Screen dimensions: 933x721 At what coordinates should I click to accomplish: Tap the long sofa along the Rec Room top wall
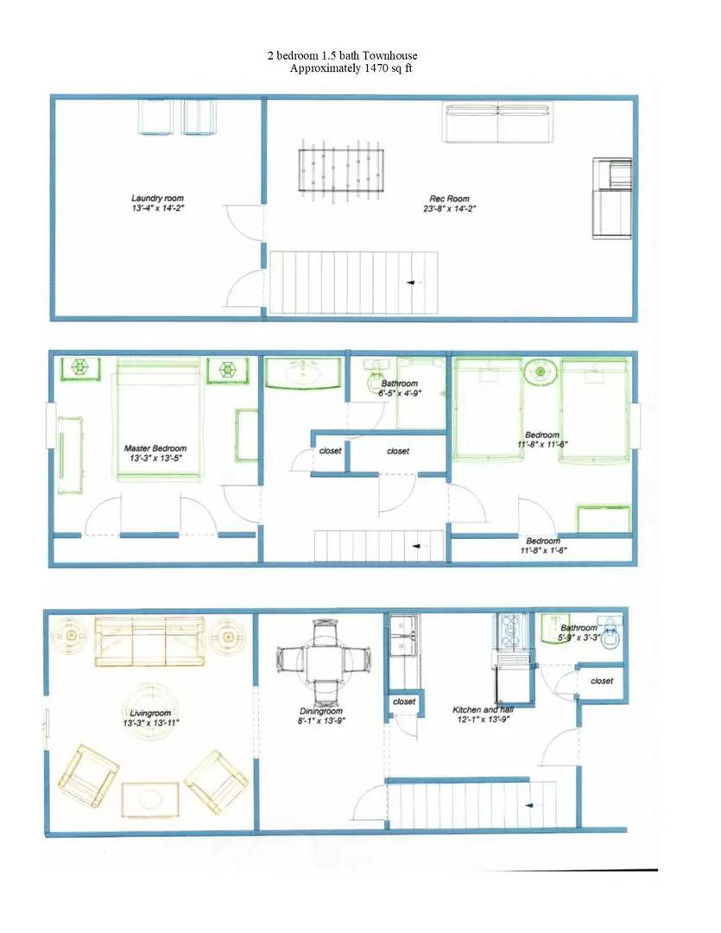497,123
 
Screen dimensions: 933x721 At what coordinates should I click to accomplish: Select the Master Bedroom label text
155,448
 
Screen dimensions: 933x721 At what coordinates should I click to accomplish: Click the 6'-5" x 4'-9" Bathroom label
399,393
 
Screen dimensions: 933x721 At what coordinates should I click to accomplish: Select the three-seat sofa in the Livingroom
149,641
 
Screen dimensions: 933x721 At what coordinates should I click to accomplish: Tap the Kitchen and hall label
482,710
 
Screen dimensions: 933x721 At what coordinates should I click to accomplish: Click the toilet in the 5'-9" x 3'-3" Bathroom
610,635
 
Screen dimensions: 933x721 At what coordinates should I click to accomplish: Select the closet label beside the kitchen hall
602,681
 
